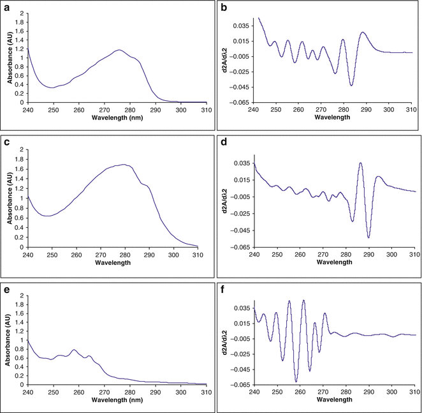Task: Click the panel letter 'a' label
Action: [7, 6]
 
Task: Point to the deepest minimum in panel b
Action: [351, 85]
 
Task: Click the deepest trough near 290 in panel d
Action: [368, 237]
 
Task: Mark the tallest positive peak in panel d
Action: [360, 163]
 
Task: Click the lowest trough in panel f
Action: [296, 381]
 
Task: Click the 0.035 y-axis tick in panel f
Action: [240, 307]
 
